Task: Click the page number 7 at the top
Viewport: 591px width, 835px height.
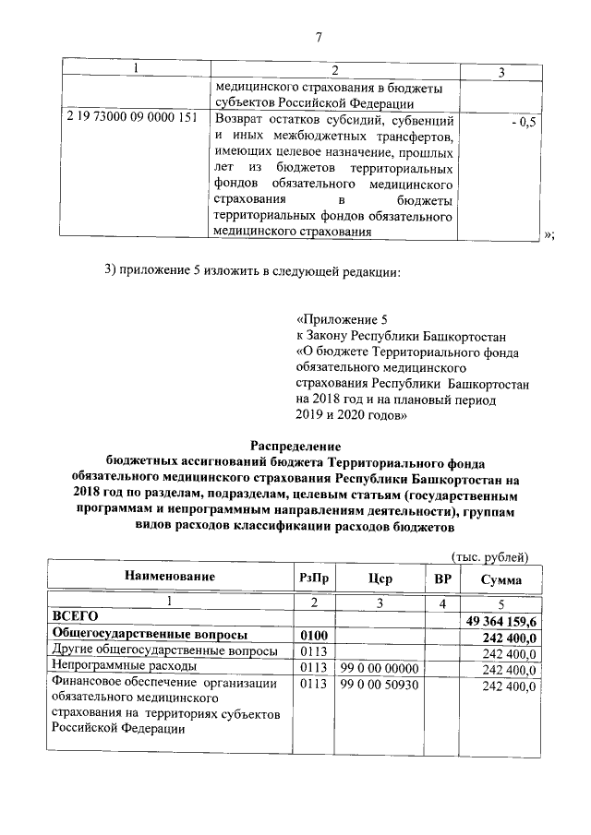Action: (318, 38)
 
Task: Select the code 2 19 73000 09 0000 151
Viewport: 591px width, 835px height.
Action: (132, 120)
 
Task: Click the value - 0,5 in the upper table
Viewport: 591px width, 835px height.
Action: (523, 121)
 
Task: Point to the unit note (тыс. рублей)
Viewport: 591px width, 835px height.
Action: (489, 556)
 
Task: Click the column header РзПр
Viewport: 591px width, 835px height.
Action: (315, 579)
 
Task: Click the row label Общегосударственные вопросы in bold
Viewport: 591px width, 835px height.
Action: (150, 636)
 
